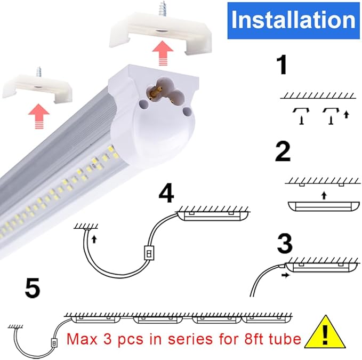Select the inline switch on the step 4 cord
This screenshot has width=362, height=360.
(150, 251)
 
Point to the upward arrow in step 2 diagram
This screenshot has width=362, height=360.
(323, 195)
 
